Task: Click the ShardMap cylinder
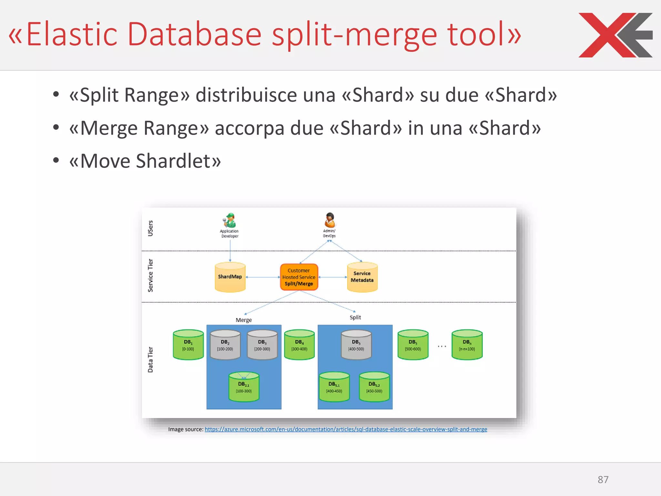click(230, 277)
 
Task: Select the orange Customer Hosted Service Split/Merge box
click(299, 277)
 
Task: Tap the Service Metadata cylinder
click(362, 277)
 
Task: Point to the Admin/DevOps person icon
click(330, 220)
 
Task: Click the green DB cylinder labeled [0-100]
click(188, 345)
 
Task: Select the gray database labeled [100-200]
click(225, 345)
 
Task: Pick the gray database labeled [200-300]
click(262, 345)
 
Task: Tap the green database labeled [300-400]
click(299, 345)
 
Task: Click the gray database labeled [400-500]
click(356, 345)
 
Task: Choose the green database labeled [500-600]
click(413, 345)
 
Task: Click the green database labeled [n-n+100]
click(467, 345)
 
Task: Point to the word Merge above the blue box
click(244, 320)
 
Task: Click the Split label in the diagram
click(355, 317)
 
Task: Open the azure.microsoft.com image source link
click(346, 429)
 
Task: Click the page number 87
click(603, 480)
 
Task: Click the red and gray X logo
click(615, 35)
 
